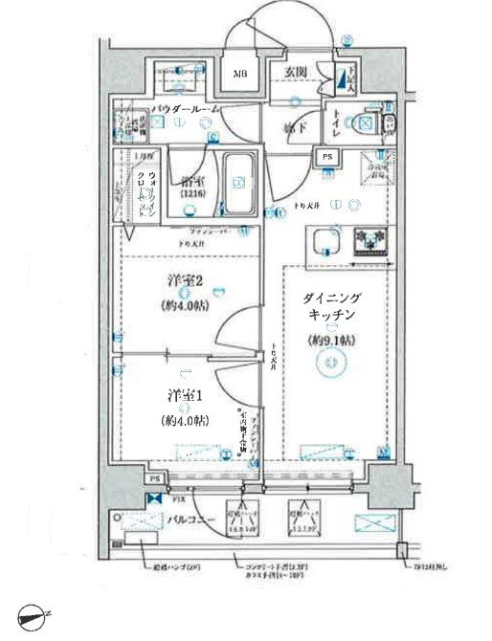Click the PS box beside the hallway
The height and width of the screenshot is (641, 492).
(326, 159)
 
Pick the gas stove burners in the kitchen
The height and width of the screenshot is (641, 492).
(368, 239)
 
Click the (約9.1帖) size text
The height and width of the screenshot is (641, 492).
(331, 340)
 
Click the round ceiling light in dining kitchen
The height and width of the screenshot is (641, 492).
(331, 363)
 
